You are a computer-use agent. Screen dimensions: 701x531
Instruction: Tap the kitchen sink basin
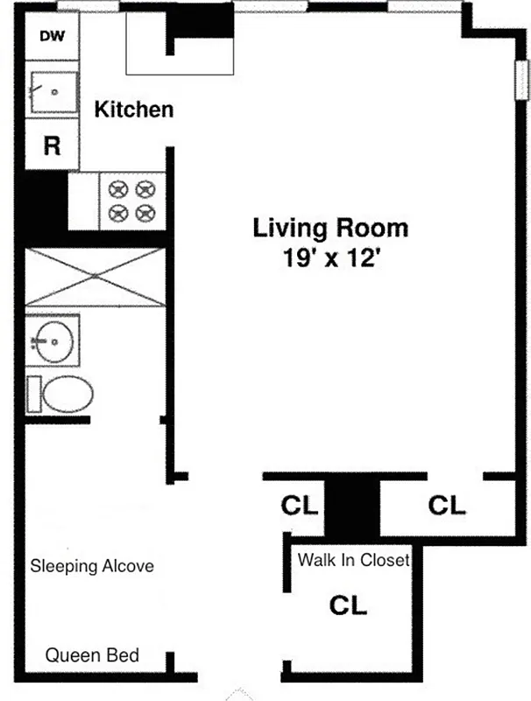click(52, 92)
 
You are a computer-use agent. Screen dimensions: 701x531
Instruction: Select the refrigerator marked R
click(52, 145)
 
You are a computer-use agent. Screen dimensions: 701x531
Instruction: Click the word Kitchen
click(133, 110)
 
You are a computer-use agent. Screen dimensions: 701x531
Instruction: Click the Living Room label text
click(330, 229)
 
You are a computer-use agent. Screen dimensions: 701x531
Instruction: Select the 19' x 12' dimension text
click(330, 258)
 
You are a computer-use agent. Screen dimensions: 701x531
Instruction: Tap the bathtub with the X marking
click(95, 277)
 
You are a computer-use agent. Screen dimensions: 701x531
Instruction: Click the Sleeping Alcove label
click(92, 566)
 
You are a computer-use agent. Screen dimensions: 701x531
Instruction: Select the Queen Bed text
click(92, 655)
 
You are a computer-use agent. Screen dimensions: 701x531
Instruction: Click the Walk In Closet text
click(354, 560)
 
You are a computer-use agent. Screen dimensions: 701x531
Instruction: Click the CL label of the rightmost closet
click(447, 506)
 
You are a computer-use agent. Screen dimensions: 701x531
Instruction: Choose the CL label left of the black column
click(300, 506)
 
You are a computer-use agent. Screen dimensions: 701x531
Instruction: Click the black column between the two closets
click(352, 506)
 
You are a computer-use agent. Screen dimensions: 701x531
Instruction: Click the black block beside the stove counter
click(42, 202)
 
